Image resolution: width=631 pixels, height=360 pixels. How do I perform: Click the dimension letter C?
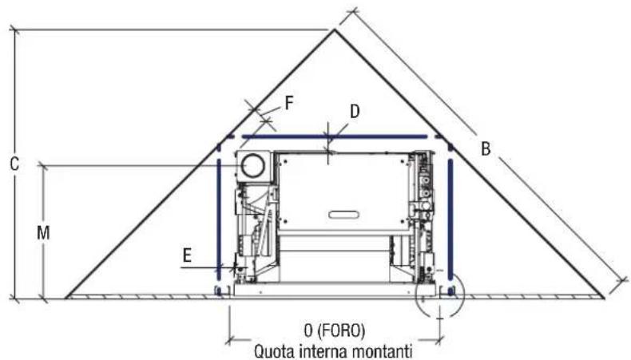coord(14,164)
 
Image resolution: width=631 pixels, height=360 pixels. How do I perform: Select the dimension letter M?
coord(43,233)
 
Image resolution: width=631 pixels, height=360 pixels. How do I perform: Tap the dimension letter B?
coord(486,148)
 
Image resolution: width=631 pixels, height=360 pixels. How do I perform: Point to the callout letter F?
coord(289,104)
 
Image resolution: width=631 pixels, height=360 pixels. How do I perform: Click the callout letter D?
coord(354,112)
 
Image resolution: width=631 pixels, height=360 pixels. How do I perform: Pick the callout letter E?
coord(187,255)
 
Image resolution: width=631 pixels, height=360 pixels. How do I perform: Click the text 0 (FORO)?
coord(335,330)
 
